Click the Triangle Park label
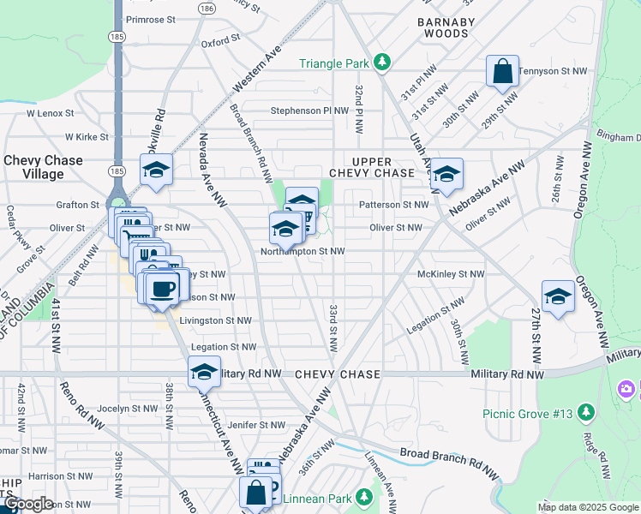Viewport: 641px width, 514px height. tap(333, 63)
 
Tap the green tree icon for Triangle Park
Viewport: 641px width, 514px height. tap(382, 63)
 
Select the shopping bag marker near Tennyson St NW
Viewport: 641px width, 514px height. tap(503, 72)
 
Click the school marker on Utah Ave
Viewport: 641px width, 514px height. tap(446, 176)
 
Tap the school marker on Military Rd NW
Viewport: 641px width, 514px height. tap(204, 373)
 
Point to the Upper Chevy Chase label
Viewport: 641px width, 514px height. tap(372, 167)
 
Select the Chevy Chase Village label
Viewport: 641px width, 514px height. tap(44, 167)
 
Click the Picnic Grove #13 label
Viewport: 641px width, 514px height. tap(527, 414)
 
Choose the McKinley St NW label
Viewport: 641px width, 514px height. tap(451, 274)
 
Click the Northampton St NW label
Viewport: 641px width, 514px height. tap(303, 252)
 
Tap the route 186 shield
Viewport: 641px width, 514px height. tap(206, 8)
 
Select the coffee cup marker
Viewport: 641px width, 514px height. tap(161, 288)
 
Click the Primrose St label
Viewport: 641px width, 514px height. tap(151, 19)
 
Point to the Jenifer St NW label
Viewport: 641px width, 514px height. tap(255, 425)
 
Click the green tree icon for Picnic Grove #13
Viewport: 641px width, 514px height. tap(586, 414)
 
